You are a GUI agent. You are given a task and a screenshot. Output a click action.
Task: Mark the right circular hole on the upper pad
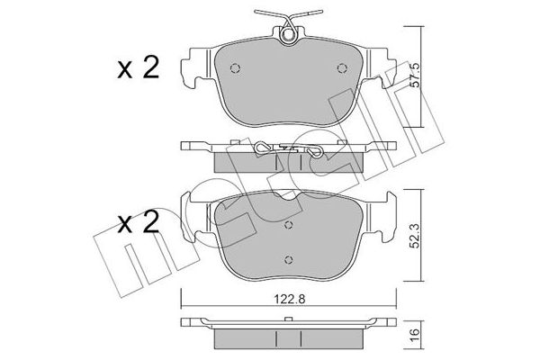[341, 69]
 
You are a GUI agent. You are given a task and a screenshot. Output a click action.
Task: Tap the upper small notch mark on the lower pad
[289, 226]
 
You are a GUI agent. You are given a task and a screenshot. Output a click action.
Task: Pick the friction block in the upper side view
[288, 162]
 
